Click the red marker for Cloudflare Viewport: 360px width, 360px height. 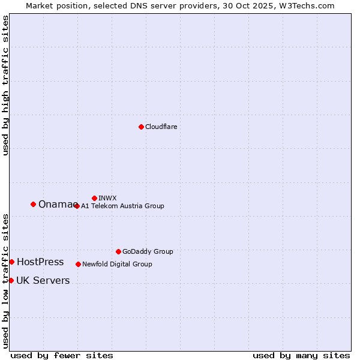[x=141, y=127]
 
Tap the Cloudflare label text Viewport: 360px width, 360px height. [x=161, y=127]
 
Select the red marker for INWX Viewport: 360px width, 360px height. [x=94, y=198]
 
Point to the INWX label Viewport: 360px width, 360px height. [x=107, y=198]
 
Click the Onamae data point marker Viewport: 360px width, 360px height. [x=33, y=204]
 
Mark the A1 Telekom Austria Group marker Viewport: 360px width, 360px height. [x=77, y=206]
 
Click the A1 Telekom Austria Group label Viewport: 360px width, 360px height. [x=122, y=206]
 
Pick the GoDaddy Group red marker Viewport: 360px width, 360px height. [x=118, y=251]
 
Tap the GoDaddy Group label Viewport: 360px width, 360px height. [x=148, y=251]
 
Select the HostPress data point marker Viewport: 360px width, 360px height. [x=11, y=262]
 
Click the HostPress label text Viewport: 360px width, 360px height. [x=40, y=262]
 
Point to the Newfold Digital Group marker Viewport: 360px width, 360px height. [x=78, y=264]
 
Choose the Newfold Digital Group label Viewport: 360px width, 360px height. [x=117, y=264]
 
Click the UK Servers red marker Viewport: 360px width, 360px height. [x=11, y=280]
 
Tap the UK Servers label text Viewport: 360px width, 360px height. [x=43, y=281]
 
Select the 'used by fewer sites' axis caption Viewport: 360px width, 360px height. [x=62, y=355]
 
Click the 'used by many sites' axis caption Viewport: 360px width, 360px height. [x=301, y=355]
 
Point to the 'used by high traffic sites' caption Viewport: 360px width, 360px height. [x=5, y=85]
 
